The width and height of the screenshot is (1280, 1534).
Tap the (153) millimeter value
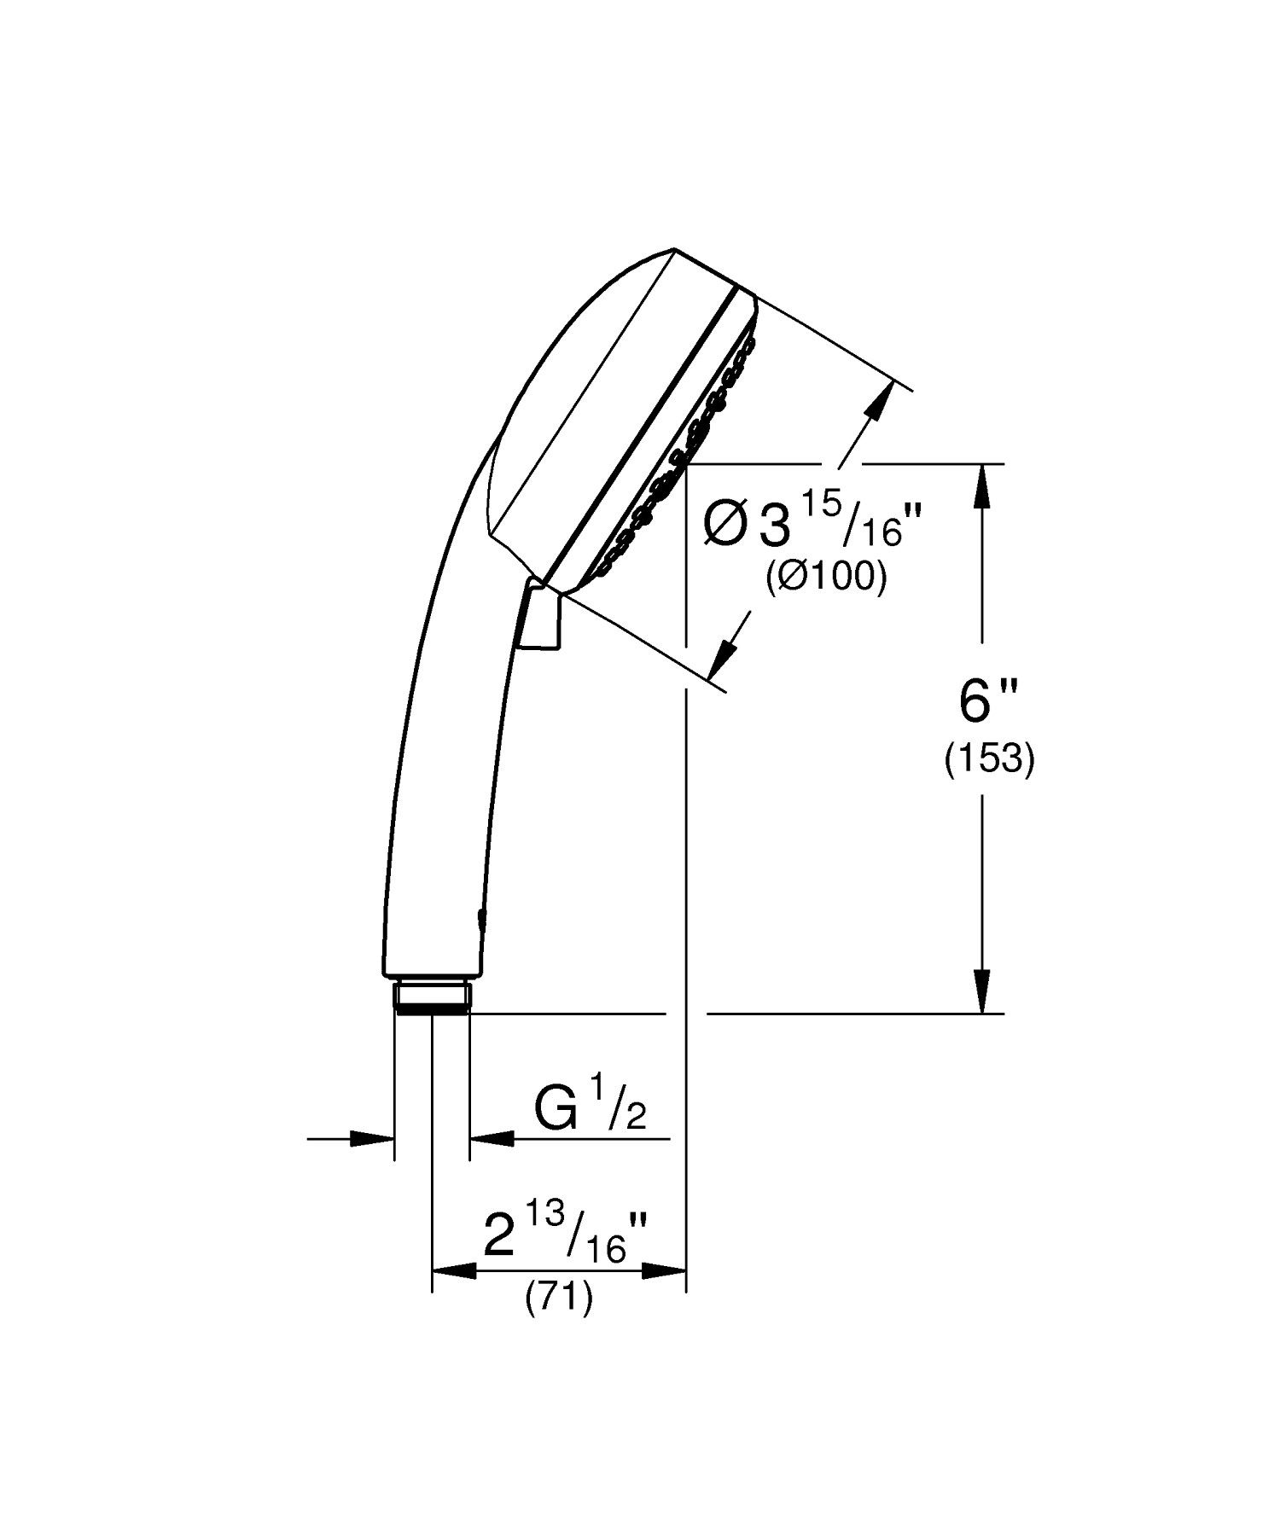point(989,758)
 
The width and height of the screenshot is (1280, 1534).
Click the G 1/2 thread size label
point(590,1108)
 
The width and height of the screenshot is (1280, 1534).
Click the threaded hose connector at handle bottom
point(432,997)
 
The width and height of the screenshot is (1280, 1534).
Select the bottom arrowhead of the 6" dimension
point(983,992)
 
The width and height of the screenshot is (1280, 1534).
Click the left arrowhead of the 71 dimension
point(452,1271)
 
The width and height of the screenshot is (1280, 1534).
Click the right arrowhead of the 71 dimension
point(666,1271)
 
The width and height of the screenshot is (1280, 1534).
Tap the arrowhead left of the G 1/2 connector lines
point(374,1138)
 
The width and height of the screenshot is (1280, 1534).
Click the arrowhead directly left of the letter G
point(491,1138)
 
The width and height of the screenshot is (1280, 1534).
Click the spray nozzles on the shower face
point(683,461)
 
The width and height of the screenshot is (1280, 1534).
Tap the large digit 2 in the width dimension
point(502,1236)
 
